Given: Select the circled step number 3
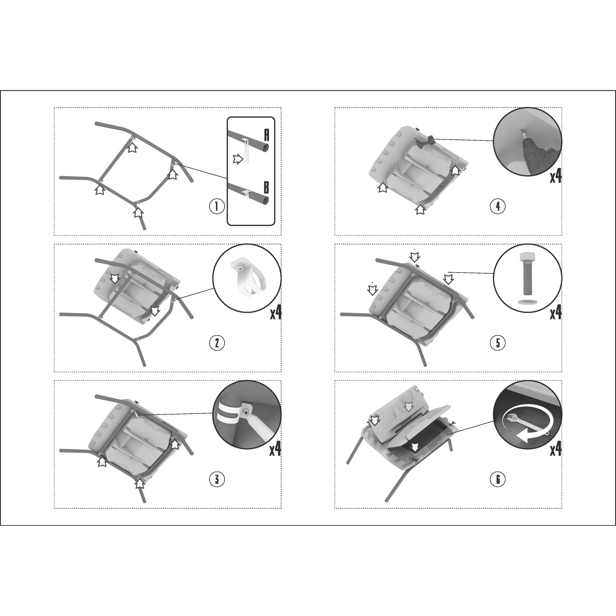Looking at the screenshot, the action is point(217,479).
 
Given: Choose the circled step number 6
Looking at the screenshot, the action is point(498,479).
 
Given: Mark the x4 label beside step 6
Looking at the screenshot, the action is point(556,449).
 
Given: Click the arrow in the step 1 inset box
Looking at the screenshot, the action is point(238,159).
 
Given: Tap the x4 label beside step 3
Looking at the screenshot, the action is point(276,449).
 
